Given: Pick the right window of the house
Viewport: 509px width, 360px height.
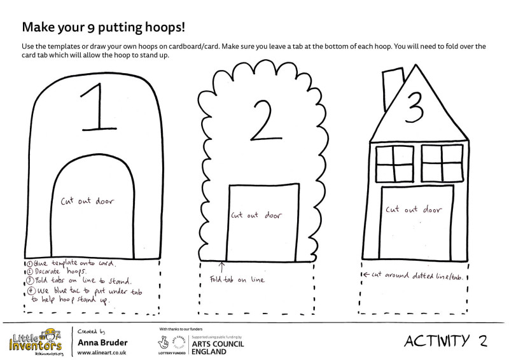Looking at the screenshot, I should pyautogui.click(x=440, y=163).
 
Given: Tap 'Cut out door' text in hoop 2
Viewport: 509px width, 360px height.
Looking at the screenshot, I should pyautogui.click(x=256, y=215).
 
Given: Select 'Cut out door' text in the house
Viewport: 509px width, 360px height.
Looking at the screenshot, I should pyautogui.click(x=414, y=209).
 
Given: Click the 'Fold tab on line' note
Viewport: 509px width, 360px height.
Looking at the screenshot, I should pyautogui.click(x=236, y=279).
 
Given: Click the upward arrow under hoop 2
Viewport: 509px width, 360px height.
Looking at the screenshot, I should pyautogui.click(x=222, y=267).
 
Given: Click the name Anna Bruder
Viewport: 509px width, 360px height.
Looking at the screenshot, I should pyautogui.click(x=102, y=342).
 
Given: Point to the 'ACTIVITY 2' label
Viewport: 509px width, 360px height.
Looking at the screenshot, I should pyautogui.click(x=445, y=341).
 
